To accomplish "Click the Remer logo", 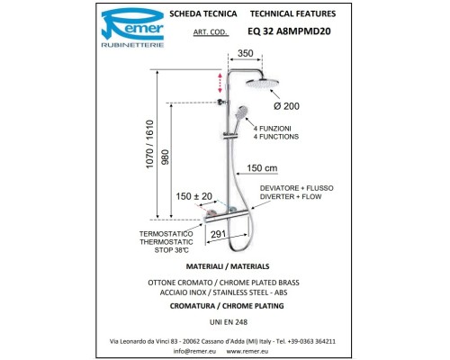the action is pos(132,28).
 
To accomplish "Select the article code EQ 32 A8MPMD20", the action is pos(289,31).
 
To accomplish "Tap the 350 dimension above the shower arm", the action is pos(246,53).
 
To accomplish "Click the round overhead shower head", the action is pos(263,84).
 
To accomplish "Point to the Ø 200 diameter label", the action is pos(286,106).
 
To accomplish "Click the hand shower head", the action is pos(241,112).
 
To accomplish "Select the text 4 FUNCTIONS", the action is pos(276,137).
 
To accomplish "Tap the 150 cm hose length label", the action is pos(262,168).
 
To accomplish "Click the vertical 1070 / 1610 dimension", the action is pos(149,144).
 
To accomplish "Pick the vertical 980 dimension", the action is pos(165,157).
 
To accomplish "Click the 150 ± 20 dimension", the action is pos(194,196).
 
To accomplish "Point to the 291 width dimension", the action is pos(218,234).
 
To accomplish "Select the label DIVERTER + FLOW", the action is pos(291,197).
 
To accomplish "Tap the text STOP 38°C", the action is pos(172,250).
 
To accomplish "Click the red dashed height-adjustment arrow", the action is pos(220,83).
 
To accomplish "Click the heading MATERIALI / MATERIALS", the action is pos(228,266).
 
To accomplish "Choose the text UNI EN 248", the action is pos(229,322).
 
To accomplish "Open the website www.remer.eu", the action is pos(247,351).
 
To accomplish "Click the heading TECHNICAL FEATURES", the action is pos(293,13).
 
